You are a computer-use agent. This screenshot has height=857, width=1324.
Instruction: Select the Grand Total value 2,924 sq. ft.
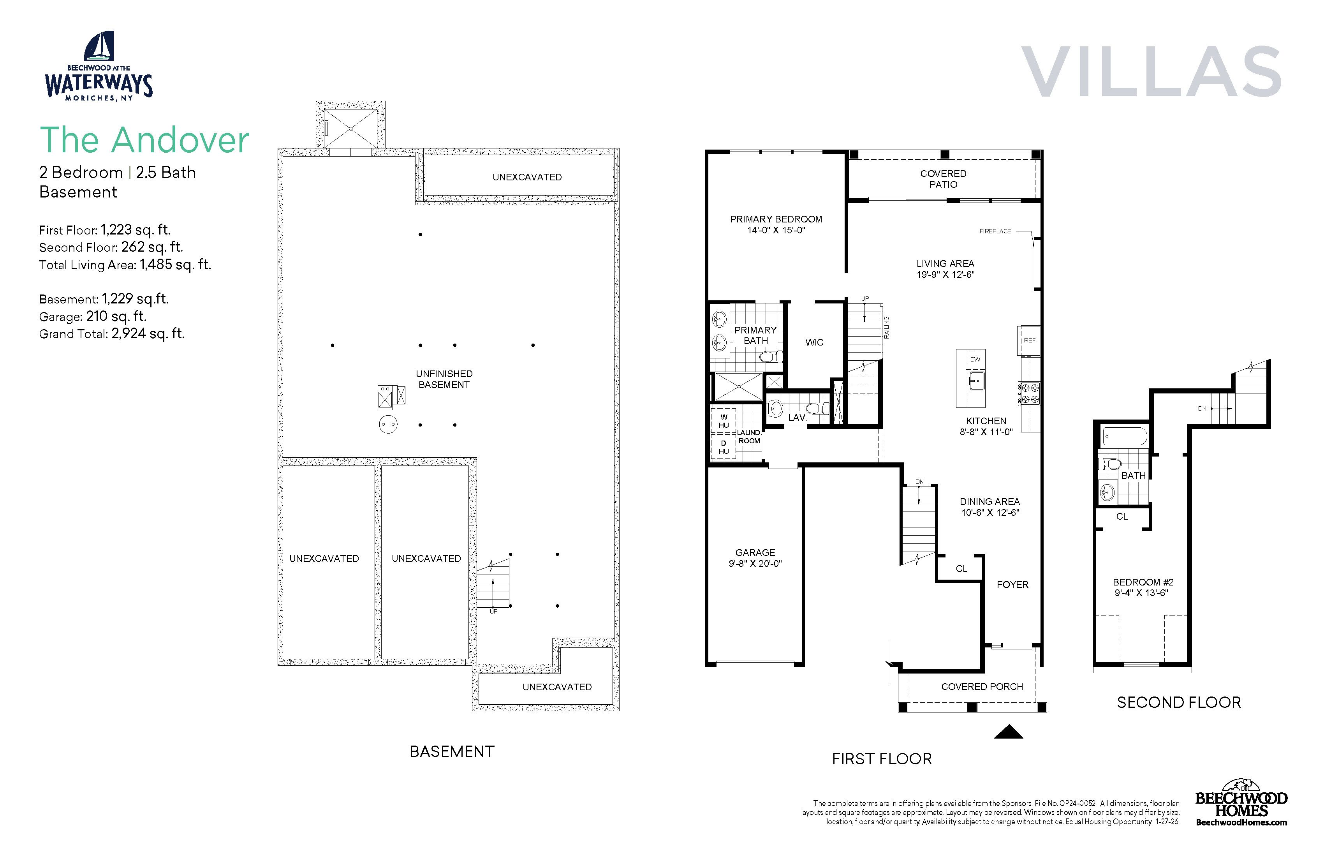(148, 333)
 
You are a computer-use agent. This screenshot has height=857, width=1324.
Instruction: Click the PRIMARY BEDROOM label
(776, 219)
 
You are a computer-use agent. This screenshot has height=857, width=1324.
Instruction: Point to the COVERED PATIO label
(944, 179)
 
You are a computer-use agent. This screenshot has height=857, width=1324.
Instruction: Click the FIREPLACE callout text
(995, 231)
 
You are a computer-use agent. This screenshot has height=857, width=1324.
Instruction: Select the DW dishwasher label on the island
(975, 360)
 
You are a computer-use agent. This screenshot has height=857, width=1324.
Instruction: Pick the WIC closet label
(814, 342)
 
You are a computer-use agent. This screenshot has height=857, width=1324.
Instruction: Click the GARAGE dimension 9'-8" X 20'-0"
(755, 564)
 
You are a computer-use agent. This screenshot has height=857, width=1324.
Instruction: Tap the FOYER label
(1012, 584)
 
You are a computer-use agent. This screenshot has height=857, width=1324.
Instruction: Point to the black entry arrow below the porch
(1009, 732)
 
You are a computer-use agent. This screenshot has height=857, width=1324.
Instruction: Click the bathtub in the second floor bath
(1124, 436)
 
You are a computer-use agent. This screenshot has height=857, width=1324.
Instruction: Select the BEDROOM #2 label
(1143, 582)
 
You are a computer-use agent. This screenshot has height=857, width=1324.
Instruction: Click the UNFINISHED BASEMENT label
(444, 379)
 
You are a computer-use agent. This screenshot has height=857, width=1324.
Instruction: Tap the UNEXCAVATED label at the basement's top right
(527, 177)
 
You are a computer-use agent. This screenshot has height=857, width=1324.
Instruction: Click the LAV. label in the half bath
(797, 417)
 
